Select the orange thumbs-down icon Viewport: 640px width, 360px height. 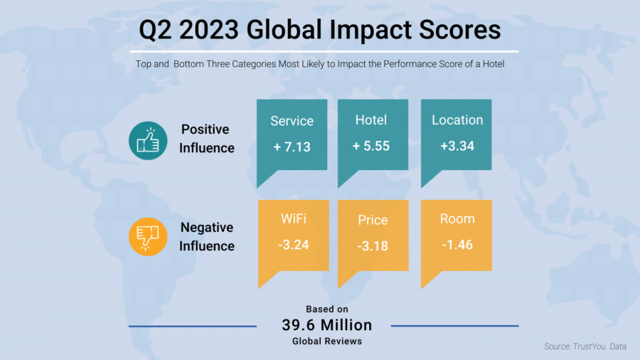coord(148,236)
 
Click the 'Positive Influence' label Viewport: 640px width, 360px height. coord(206,139)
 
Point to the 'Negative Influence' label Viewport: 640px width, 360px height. coord(206,237)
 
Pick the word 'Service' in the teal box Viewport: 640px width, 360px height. coord(292,121)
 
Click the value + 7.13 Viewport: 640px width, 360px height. coord(292,147)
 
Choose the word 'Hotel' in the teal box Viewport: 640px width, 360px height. coord(371,120)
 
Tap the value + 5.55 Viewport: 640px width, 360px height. coord(371,147)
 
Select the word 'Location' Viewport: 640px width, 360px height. coord(457,120)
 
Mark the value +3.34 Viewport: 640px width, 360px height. coord(457,147)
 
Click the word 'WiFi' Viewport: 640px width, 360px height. coord(293,219)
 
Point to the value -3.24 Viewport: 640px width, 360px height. coord(293,245)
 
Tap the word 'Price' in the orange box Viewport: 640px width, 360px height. coord(373,220)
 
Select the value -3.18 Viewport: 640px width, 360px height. coord(373,246)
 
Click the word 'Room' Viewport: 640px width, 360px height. coord(457,219)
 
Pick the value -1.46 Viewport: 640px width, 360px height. coord(457,245)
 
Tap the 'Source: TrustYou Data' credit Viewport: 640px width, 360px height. coord(585,346)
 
